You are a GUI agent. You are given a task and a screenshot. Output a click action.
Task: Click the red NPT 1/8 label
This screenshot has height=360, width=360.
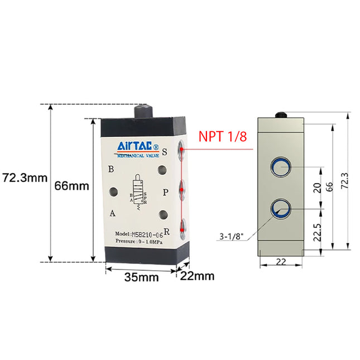tap(223, 137)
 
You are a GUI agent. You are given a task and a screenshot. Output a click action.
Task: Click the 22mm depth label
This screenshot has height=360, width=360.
tap(198, 275)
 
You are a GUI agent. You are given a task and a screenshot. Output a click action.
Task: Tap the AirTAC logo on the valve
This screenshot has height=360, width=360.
tap(138, 147)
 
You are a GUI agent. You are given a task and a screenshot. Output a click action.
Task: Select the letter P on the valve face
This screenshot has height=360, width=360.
tap(165, 192)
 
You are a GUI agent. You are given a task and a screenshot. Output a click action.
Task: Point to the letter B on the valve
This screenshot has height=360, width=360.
tap(112, 169)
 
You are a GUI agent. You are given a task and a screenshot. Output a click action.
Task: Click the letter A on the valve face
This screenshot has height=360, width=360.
tap(112, 213)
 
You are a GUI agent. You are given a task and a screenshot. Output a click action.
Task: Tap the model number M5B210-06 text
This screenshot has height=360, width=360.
tap(139, 233)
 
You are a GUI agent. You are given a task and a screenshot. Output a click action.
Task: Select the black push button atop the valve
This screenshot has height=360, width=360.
tap(146, 111)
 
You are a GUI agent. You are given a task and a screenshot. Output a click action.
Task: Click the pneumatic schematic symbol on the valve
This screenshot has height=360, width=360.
tap(137, 193)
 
